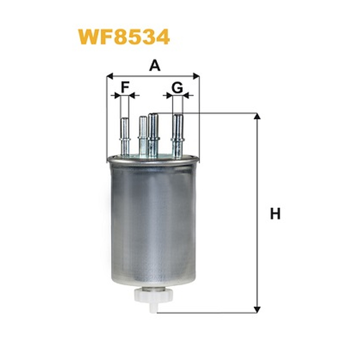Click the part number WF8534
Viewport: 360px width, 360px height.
tap(124, 37)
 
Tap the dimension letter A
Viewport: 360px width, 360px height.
tap(155, 65)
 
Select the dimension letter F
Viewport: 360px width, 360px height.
tap(125, 87)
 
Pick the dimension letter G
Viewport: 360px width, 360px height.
tap(177, 87)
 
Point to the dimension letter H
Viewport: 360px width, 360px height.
tap(275, 213)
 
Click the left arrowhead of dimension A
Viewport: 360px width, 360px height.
tap(110, 76)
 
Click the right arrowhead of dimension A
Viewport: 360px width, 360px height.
tap(196, 76)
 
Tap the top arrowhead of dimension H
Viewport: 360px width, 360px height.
tap(257, 116)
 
